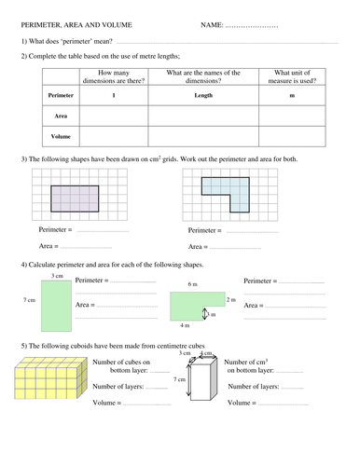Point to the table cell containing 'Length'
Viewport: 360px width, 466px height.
pyautogui.click(x=202, y=96)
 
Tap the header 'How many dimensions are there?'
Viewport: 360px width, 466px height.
pyautogui.click(x=114, y=77)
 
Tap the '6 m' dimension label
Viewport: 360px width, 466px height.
pyautogui.click(x=191, y=284)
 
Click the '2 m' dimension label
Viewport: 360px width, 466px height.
pyautogui.click(x=231, y=299)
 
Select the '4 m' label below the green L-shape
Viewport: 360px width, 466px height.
pyautogui.click(x=187, y=325)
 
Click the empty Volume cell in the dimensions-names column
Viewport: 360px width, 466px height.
pyautogui.click(x=202, y=136)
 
